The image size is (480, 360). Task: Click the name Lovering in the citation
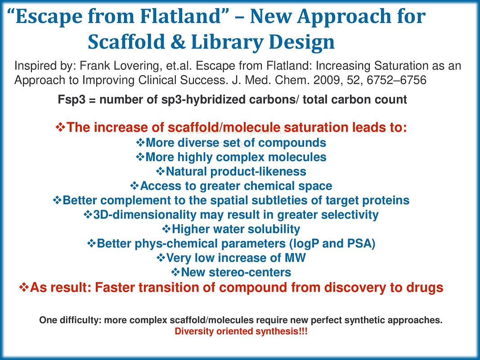(x=138, y=66)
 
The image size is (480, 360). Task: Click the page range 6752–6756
(x=396, y=80)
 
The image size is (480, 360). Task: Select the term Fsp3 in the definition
(x=72, y=100)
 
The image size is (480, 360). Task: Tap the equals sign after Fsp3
(x=92, y=100)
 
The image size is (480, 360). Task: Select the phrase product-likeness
(x=258, y=171)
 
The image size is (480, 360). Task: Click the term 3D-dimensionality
(x=144, y=215)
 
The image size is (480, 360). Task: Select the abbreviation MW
(x=296, y=258)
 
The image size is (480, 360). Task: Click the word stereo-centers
(x=236, y=272)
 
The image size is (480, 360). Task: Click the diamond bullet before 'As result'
(x=24, y=287)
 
